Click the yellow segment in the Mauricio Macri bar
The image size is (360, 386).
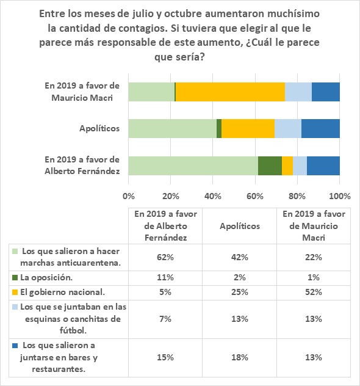point(230,92)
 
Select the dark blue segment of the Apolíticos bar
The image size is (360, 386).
point(320,128)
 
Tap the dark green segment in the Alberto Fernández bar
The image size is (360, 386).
point(270,166)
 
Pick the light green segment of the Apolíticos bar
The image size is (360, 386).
point(173,128)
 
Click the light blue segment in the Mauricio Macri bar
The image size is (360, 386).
point(298,92)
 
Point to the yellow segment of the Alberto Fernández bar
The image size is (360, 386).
point(287,166)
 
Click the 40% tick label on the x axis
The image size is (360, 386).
point(213,196)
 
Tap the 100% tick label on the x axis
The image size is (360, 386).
point(340,196)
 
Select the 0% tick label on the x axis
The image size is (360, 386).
point(129,196)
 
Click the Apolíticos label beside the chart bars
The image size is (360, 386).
point(99,128)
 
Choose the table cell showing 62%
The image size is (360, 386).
point(165,257)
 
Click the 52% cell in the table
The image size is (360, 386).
point(314,292)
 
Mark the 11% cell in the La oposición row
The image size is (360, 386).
point(165,278)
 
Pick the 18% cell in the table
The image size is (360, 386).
point(240,357)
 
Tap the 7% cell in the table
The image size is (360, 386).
point(165,319)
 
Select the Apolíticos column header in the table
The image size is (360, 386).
point(240,226)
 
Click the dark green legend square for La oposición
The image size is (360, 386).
point(15,278)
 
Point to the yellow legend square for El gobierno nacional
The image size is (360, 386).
point(15,292)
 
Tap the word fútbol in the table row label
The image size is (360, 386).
point(73,330)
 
